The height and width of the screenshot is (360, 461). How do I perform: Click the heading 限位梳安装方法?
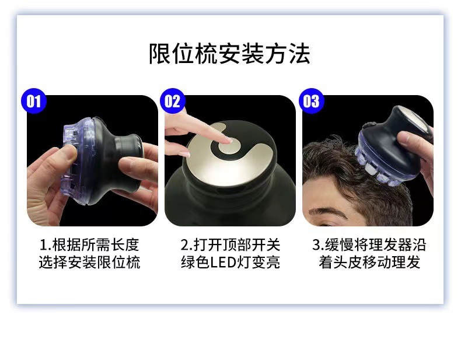pos(229,53)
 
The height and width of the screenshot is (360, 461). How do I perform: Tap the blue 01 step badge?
pos(34,102)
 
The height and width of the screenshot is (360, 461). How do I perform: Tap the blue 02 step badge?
pos(173,102)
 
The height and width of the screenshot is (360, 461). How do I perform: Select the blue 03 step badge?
pos(311,102)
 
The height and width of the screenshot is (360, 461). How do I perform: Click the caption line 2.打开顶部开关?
pos(230,244)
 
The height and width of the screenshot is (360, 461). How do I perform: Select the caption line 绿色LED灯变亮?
pos(230,263)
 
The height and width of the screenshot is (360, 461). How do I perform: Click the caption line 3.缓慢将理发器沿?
pos(369,244)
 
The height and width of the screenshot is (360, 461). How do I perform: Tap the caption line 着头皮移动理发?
pos(369,263)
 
